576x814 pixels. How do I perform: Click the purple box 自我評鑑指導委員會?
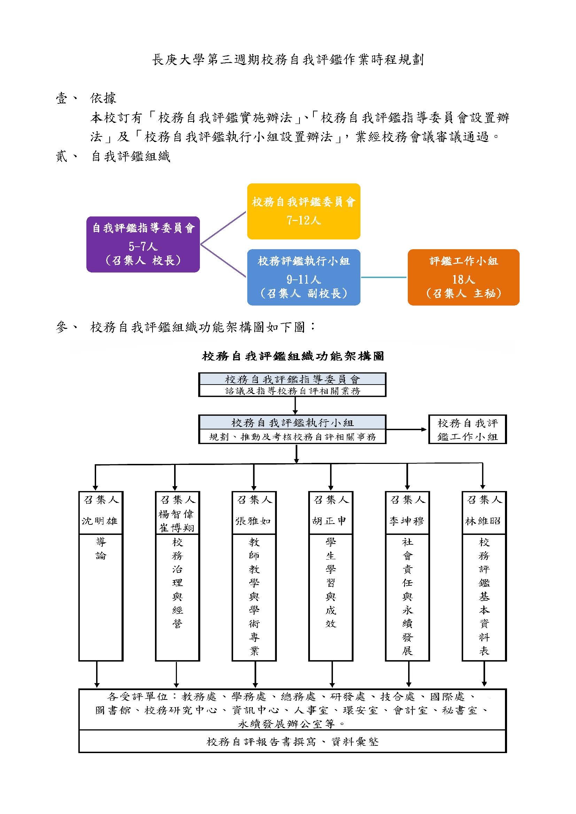tap(143, 244)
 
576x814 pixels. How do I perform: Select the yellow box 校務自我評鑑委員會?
tap(304, 211)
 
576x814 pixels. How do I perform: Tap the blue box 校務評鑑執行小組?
tap(304, 277)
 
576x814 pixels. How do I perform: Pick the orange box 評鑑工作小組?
tap(463, 277)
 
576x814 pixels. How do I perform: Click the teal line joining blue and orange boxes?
tap(384, 277)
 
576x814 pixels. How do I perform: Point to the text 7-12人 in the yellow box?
tap(304, 221)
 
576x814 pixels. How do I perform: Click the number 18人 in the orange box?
tap(463, 279)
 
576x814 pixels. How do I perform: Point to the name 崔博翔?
tap(177, 528)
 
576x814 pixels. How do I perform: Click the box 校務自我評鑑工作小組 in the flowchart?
tap(467, 429)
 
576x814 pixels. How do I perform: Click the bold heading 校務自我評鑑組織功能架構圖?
tap(293, 356)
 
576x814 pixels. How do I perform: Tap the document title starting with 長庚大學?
tap(288, 60)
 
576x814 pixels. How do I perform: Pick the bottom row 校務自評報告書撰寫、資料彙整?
tap(293, 742)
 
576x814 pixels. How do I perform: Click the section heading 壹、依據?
tap(86, 98)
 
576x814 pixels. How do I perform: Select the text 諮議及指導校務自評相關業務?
tap(293, 391)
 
